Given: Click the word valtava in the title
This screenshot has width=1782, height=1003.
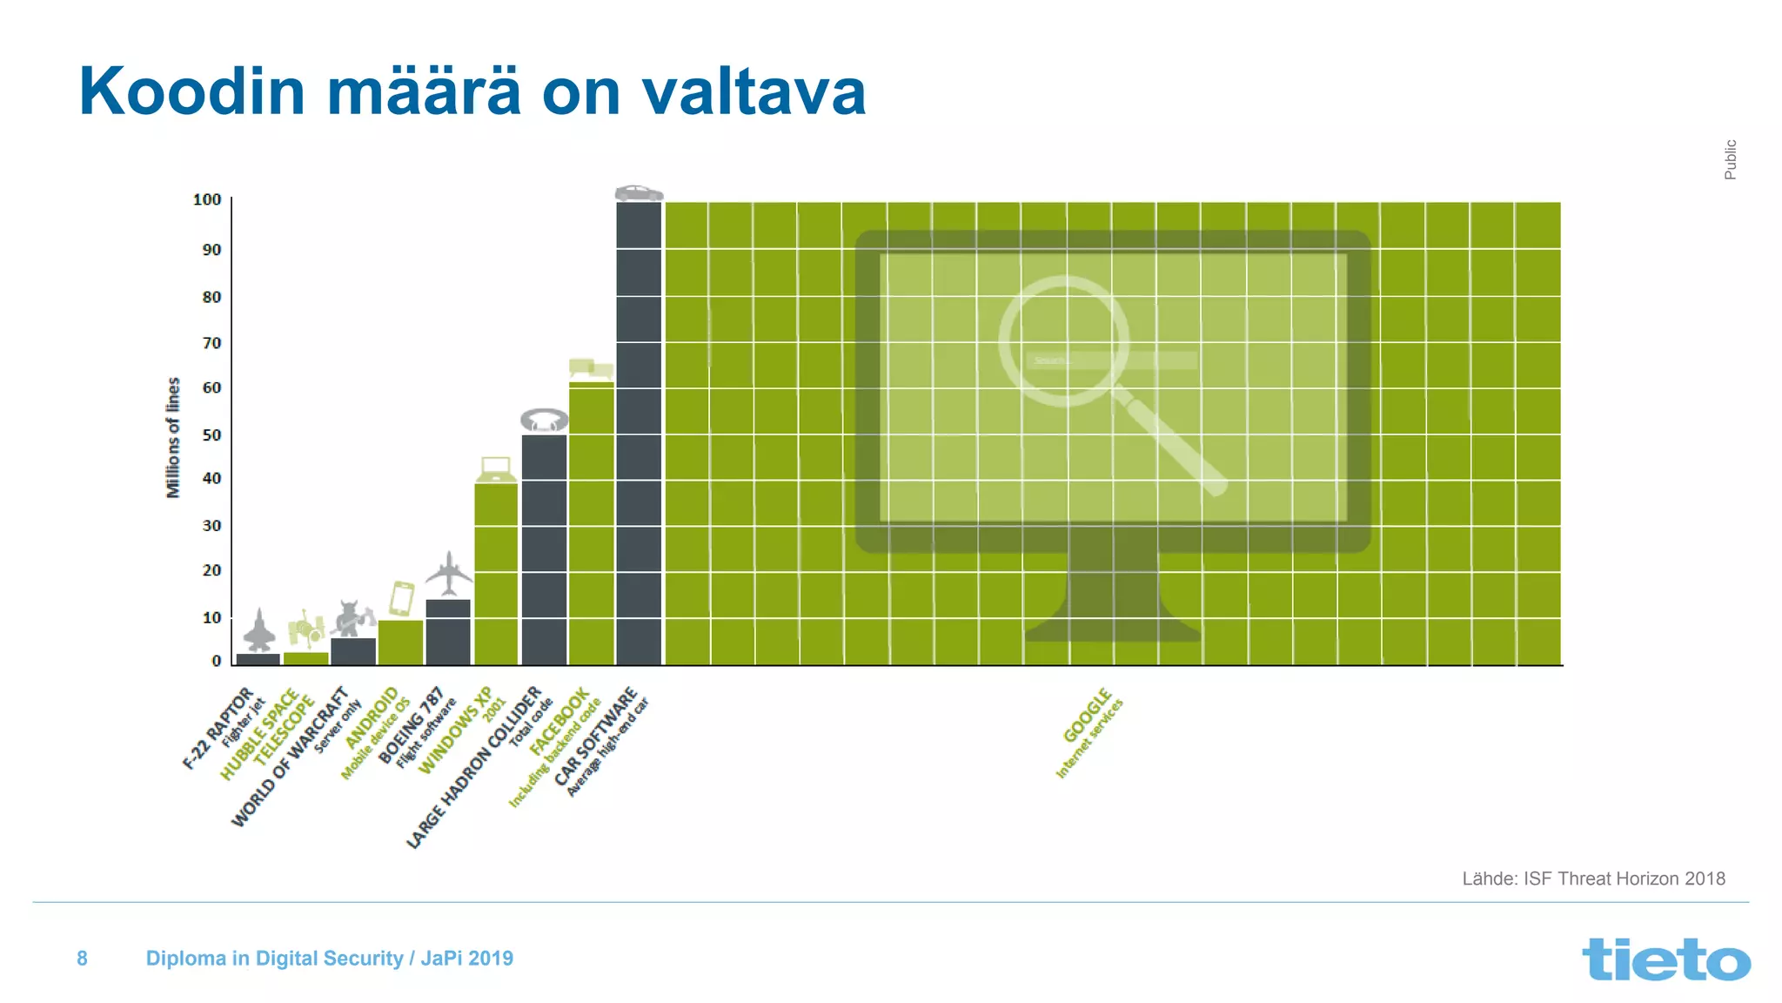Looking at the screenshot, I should pyautogui.click(x=754, y=91).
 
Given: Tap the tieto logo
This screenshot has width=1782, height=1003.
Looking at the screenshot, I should pyautogui.click(x=1665, y=959).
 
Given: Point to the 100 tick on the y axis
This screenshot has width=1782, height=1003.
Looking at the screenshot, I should pyautogui.click(x=207, y=200).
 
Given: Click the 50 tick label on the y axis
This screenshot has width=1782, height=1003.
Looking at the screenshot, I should pyautogui.click(x=211, y=434).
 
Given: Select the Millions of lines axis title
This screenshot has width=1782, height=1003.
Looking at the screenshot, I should pyautogui.click(x=173, y=437).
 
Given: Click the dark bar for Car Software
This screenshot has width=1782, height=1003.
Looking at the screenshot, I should pyautogui.click(x=639, y=435).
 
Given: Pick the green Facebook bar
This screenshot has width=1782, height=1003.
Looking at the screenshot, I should pyautogui.click(x=592, y=522).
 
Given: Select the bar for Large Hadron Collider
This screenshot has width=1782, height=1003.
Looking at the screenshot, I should pyautogui.click(x=545, y=549).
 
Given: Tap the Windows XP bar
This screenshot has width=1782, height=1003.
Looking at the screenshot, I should pyautogui.click(x=496, y=575).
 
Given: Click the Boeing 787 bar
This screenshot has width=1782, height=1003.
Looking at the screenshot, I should pyautogui.click(x=448, y=632).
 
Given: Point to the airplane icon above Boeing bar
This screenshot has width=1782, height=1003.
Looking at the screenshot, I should pyautogui.click(x=449, y=573).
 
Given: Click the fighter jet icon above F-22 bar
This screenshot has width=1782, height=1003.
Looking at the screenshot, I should pyautogui.click(x=259, y=631).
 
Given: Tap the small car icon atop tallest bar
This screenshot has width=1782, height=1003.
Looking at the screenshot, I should pyautogui.click(x=639, y=192).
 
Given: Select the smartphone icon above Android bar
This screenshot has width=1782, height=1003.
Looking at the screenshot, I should pyautogui.click(x=401, y=598).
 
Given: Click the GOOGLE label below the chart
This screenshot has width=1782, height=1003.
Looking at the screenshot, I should pyautogui.click(x=1088, y=716).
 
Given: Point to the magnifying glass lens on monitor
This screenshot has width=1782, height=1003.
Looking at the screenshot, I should pyautogui.click(x=1063, y=340).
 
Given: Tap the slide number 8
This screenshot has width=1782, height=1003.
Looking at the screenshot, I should pyautogui.click(x=82, y=959).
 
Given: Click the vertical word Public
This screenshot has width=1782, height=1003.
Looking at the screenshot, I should pyautogui.click(x=1730, y=159).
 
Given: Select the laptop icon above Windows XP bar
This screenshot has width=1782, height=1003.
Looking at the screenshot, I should pyautogui.click(x=496, y=469).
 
